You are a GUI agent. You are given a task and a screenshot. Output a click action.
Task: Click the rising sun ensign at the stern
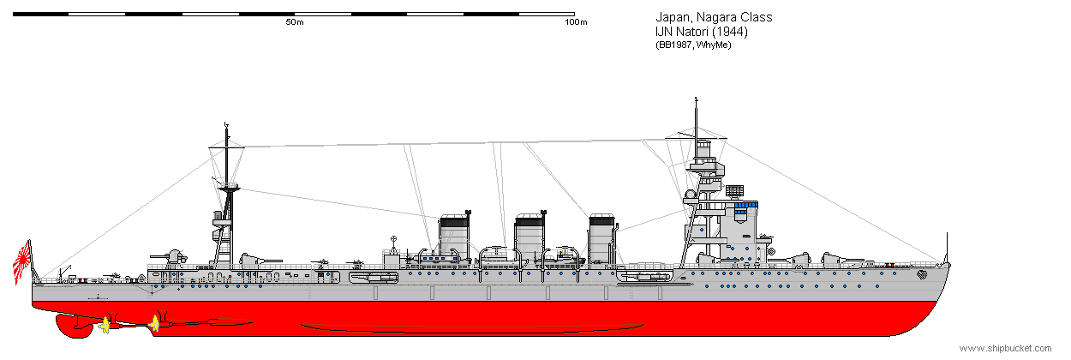22,261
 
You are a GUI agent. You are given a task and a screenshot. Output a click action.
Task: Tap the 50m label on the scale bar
295,22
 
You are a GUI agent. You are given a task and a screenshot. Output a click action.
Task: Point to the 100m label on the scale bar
576,22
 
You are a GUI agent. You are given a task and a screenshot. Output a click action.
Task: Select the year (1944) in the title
730,32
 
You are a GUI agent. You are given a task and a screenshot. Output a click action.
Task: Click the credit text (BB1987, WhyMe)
693,45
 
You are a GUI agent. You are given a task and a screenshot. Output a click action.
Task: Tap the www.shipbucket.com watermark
1005,348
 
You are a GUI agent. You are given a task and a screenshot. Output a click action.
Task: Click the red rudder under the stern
72,326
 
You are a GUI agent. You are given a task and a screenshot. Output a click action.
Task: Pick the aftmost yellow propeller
105,326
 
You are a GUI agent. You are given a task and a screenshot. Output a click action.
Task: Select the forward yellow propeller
154,323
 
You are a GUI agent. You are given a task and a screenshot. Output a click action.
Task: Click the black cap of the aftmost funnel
454,222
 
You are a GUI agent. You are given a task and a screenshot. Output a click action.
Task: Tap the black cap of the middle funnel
530,222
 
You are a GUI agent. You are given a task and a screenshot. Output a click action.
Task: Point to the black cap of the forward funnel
602,221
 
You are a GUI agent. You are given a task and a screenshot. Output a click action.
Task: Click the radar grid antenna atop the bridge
734,191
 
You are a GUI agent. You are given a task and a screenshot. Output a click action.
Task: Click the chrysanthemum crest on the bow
922,274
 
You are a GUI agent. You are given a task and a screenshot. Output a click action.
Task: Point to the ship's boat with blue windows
438,259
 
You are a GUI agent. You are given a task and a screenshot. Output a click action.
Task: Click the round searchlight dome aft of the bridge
690,195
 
